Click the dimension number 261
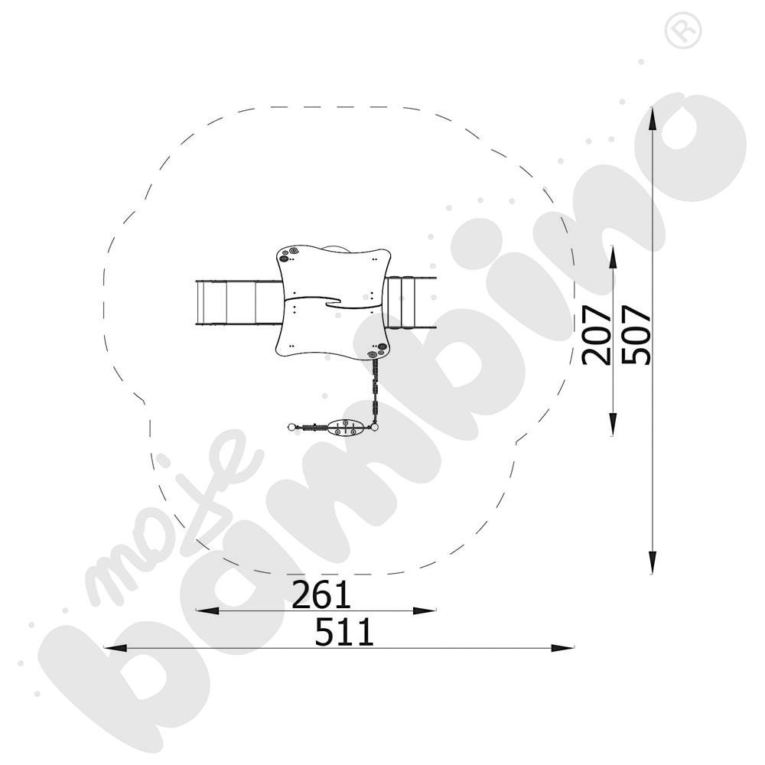pos(321,594)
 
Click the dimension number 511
pos(344,632)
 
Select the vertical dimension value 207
pos(597,335)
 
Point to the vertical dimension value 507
pos(636,335)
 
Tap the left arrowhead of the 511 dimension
pos(116,648)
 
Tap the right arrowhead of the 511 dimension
pos(562,648)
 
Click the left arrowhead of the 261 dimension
pos(207,610)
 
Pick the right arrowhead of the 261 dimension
pos(425,610)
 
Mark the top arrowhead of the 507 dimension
pos(652,119)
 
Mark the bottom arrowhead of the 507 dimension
pos(652,562)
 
